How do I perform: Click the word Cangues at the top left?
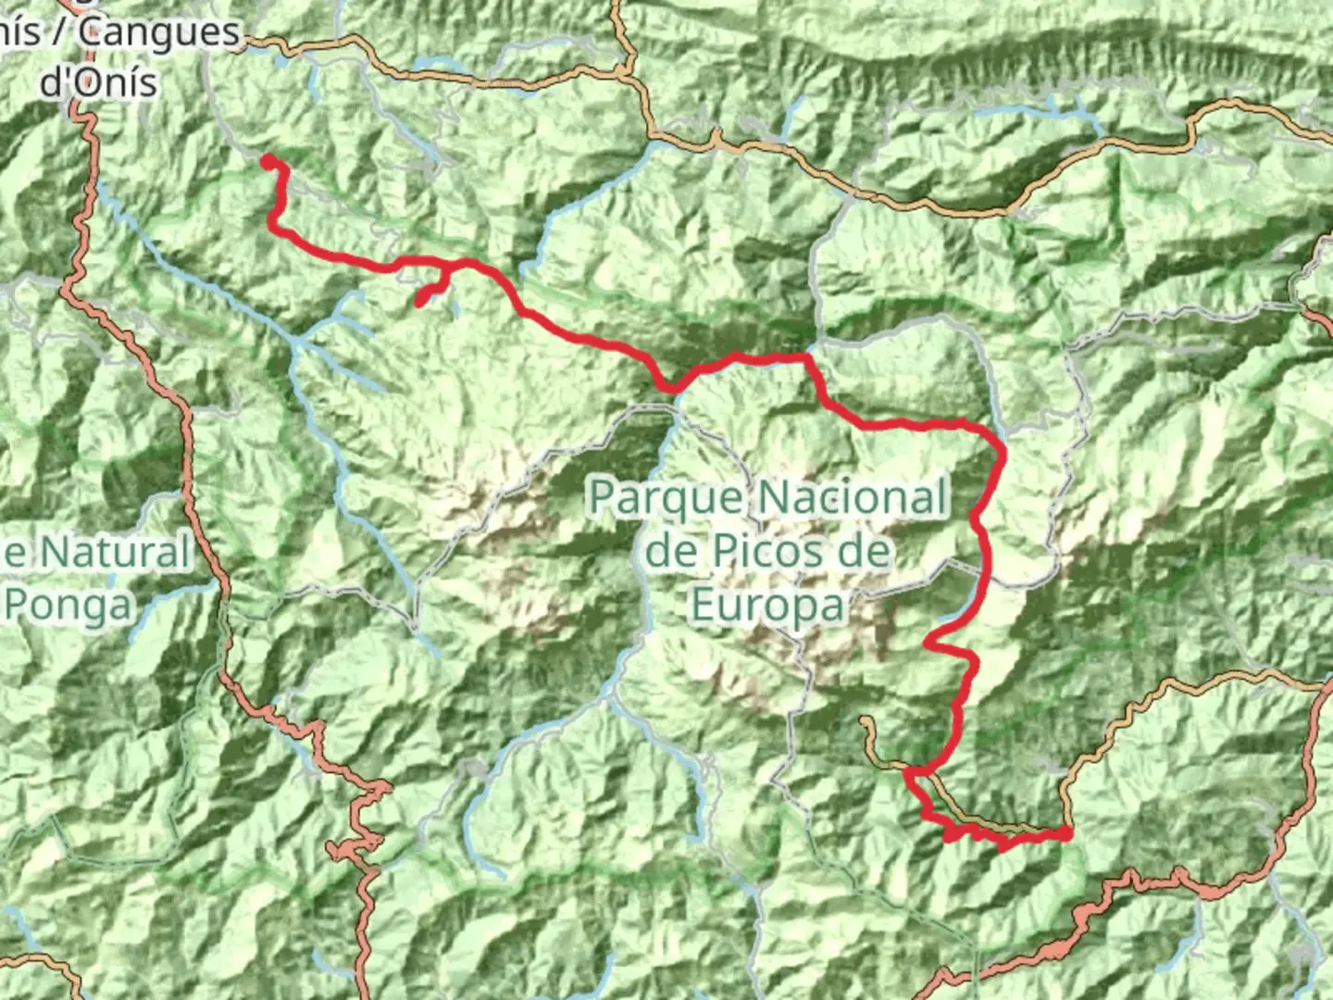click(x=159, y=33)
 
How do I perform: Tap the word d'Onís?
click(x=98, y=81)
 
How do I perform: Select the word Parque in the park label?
click(x=666, y=498)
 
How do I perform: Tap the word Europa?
click(x=768, y=606)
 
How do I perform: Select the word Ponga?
click(x=69, y=606)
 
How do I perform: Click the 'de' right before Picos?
click(x=669, y=552)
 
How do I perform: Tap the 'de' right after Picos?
click(x=866, y=552)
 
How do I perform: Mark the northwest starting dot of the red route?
click(x=268, y=162)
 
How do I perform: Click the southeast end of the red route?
click(x=1066, y=834)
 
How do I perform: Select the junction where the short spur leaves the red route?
click(x=449, y=267)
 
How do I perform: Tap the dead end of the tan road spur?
click(x=864, y=719)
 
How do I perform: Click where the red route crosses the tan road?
click(x=913, y=770)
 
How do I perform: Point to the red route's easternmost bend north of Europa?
click(x=1002, y=451)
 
